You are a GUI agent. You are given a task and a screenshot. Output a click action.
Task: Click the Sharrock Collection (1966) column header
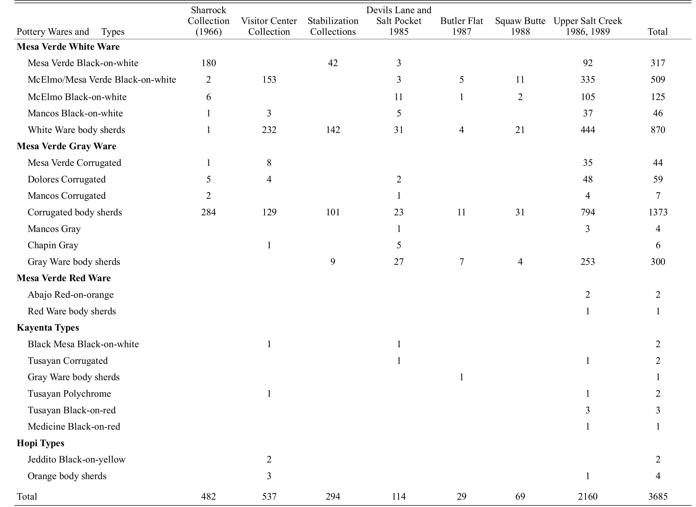209,21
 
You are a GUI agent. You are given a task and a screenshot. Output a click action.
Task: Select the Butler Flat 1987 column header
461,26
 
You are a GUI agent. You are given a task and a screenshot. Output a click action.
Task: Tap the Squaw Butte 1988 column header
520,26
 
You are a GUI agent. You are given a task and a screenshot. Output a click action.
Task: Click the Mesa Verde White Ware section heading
68,47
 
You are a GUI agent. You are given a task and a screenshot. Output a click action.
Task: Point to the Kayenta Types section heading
48,327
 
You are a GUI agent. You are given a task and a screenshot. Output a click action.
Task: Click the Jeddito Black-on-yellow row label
76,459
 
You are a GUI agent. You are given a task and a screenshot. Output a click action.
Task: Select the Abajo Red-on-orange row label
71,295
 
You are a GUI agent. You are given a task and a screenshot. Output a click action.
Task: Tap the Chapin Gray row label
53,245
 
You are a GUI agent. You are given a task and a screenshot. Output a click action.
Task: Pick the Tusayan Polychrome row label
69,394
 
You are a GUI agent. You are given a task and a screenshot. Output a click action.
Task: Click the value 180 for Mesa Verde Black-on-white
209,63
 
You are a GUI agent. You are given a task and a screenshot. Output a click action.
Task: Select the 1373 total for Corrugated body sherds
658,212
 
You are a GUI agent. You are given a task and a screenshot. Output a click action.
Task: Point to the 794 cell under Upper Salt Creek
588,212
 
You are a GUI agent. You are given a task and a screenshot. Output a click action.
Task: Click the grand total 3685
658,496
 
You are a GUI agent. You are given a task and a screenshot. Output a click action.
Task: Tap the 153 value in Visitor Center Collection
269,79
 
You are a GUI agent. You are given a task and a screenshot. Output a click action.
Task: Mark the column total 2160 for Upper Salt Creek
588,496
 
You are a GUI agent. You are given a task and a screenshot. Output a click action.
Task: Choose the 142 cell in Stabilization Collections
333,130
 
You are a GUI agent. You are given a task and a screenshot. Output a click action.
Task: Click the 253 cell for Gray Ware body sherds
588,262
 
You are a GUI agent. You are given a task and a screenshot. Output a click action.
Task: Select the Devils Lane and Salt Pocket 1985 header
398,21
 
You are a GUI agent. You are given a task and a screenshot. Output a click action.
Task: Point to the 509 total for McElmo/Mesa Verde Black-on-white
658,79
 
